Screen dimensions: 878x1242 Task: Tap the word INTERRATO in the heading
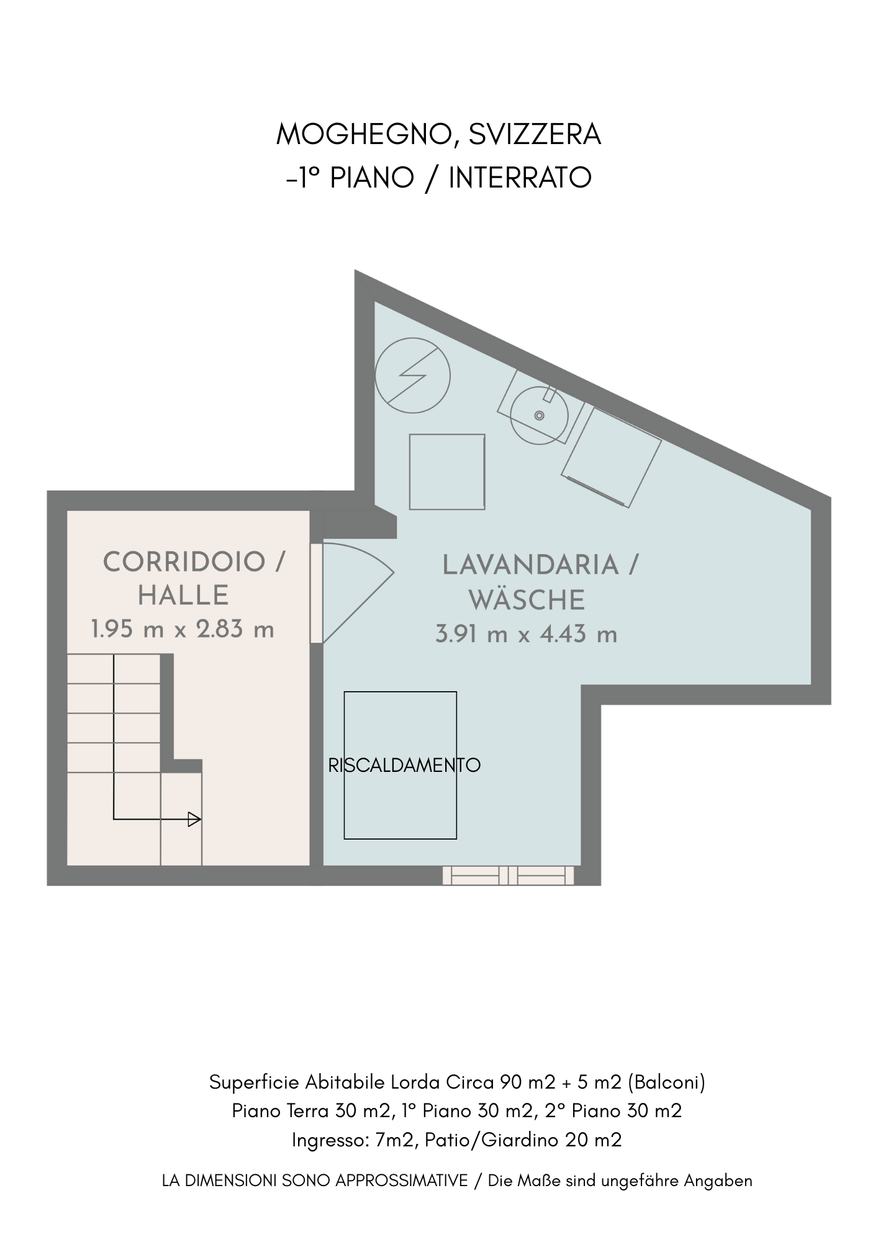coord(520,178)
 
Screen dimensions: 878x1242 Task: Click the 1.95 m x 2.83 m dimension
coord(183,629)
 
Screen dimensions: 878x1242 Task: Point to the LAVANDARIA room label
coord(531,565)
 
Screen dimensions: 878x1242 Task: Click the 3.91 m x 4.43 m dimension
coord(527,634)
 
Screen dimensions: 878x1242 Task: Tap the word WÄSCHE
coord(527,599)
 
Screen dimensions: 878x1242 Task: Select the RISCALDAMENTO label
coord(404,765)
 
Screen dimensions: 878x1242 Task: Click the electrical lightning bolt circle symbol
coord(413,375)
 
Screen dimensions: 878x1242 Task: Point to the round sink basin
coord(539,415)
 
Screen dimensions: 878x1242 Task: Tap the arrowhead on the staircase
coord(194,819)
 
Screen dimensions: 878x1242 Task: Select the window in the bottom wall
coord(508,876)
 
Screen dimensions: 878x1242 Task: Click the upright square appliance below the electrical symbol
coord(447,472)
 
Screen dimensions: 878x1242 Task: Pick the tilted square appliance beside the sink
coord(611,457)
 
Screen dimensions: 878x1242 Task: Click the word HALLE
coord(183,596)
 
